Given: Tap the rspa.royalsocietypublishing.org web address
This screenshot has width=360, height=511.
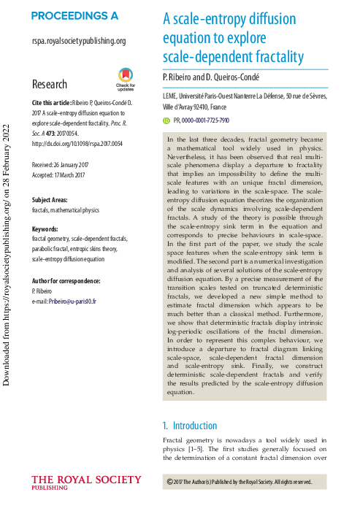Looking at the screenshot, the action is (x=79, y=42).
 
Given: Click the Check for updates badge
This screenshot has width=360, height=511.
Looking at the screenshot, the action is (x=126, y=77).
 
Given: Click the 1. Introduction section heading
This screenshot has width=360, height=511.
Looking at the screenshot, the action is (x=190, y=426).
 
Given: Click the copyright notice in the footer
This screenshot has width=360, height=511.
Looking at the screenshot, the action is (x=239, y=482).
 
